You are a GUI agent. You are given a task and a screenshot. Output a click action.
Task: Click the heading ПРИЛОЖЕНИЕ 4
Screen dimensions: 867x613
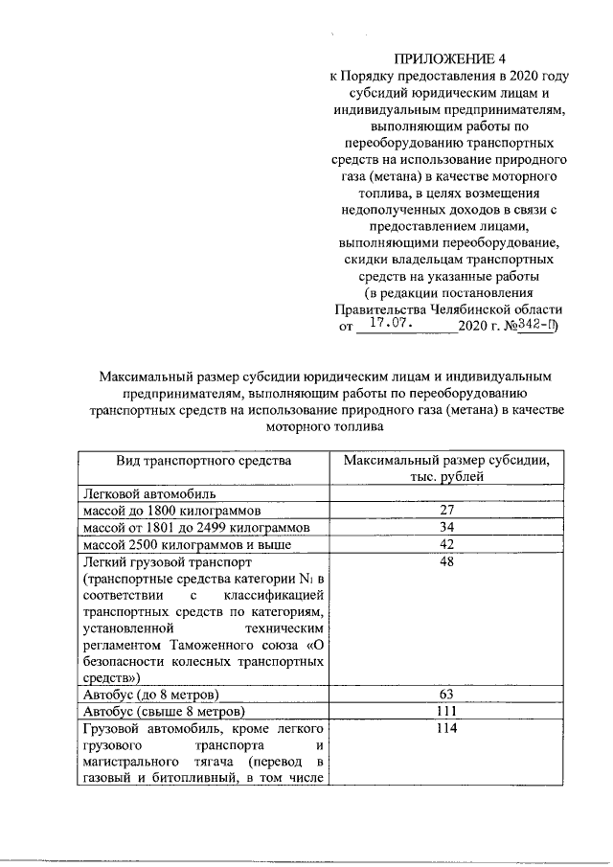click(450, 60)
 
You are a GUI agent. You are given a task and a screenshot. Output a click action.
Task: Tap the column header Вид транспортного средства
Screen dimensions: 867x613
click(203, 461)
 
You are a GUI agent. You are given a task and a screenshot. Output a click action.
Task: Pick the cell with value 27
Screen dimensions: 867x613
click(446, 511)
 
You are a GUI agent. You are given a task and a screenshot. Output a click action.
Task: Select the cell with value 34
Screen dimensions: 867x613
click(446, 528)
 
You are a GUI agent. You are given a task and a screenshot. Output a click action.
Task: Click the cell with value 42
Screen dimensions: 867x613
click(446, 545)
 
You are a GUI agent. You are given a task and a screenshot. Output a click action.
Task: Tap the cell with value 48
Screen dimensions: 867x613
click(446, 562)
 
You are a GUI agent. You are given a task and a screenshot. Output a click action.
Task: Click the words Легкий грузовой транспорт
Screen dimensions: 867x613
click(167, 562)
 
